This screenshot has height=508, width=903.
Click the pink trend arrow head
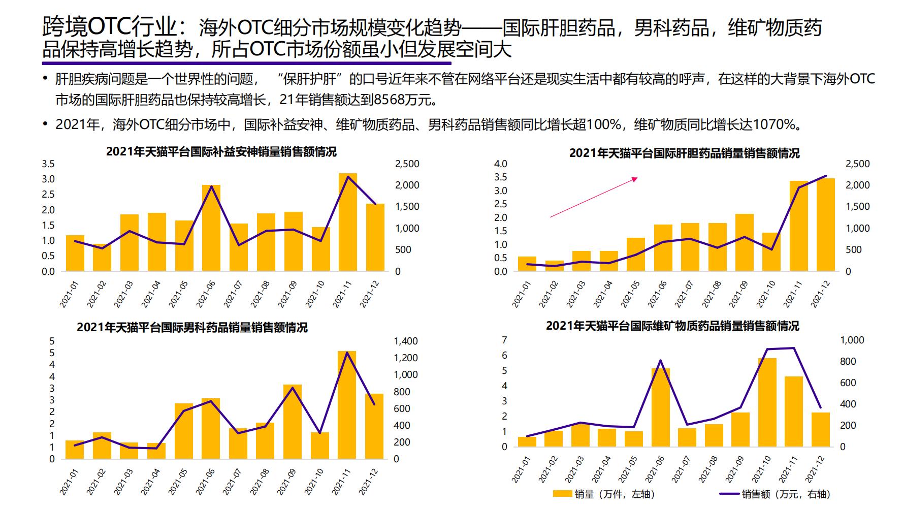click(x=634, y=178)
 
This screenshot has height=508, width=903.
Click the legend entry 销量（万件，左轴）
click(x=603, y=494)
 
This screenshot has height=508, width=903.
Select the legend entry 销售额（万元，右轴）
click(x=775, y=494)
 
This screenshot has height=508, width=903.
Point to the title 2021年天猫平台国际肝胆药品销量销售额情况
click(x=684, y=153)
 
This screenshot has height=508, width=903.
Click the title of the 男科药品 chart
click(x=192, y=327)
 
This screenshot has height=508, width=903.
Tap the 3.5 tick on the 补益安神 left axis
click(x=48, y=164)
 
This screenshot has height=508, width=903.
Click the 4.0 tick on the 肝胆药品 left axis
click(x=500, y=164)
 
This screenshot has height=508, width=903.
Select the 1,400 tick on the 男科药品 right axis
click(x=406, y=341)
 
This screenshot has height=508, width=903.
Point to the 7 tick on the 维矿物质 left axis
click(x=504, y=340)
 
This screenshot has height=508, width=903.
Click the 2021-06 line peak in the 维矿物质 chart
click(x=660, y=360)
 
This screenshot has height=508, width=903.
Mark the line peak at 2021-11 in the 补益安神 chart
click(x=348, y=177)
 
